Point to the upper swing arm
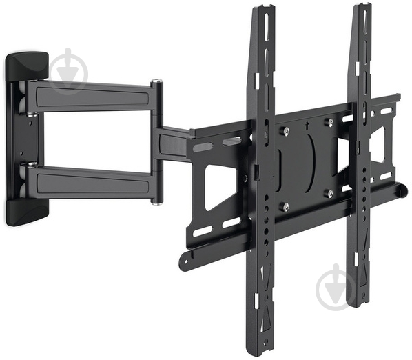[x=90, y=97]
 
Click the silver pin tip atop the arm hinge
[x=157, y=82]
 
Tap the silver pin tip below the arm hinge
[x=158, y=201]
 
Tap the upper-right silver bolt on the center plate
[x=330, y=123]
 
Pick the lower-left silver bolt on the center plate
[x=285, y=206]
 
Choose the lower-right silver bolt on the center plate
[x=329, y=194]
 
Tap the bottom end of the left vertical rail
[x=265, y=348]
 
